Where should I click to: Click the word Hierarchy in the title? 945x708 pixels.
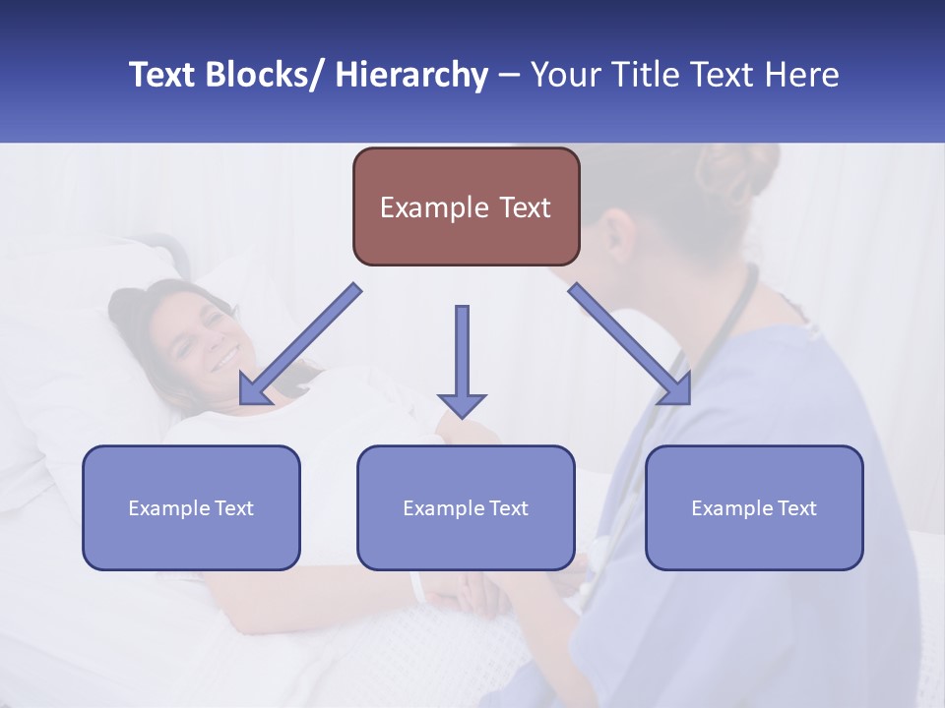411,75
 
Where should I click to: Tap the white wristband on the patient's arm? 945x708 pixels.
418,587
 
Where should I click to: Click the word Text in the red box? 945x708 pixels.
523,207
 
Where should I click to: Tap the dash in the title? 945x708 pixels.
509,76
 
